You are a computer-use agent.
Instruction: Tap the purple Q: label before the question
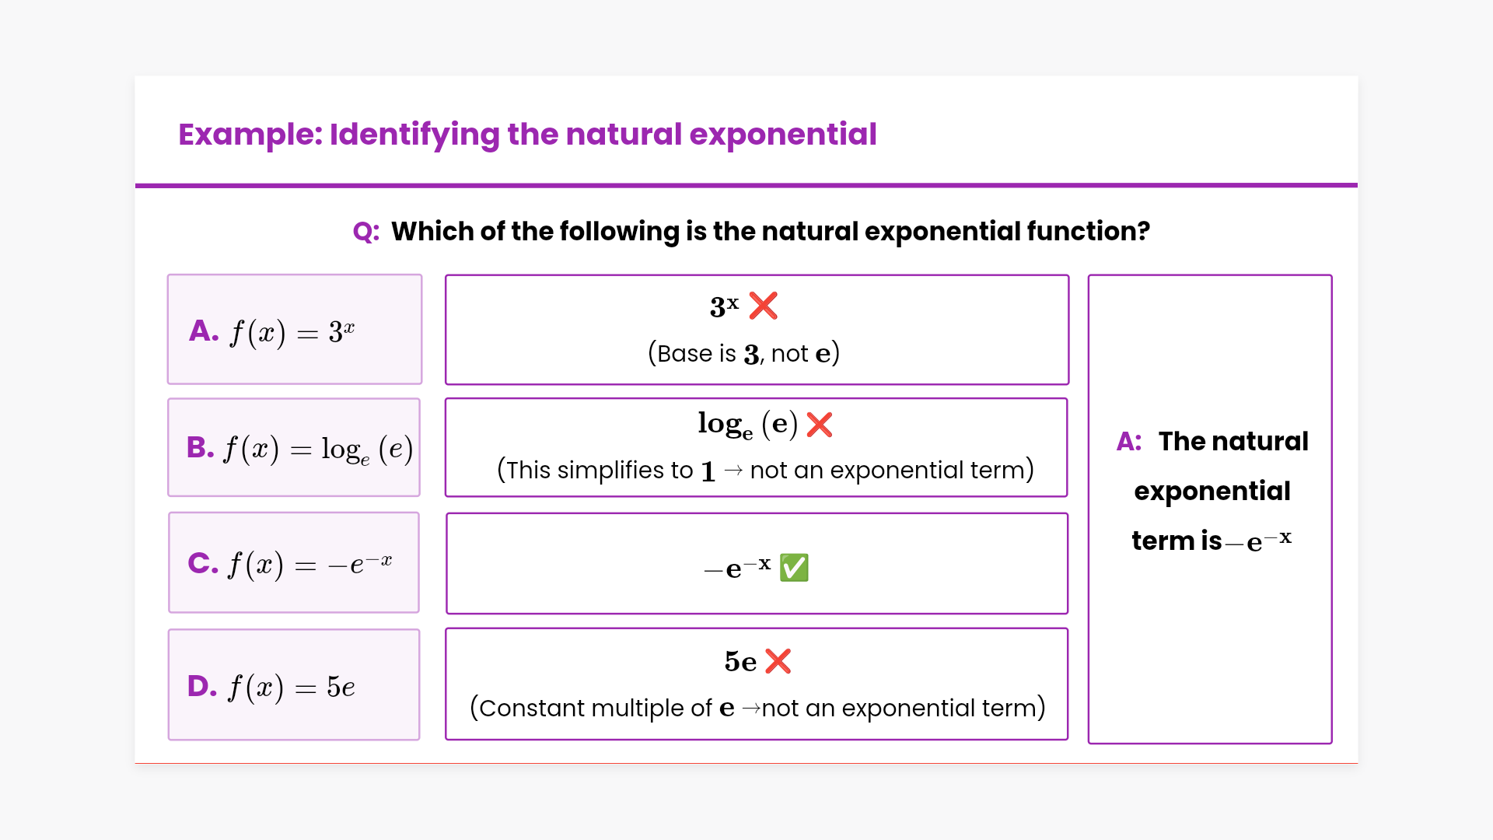tap(366, 232)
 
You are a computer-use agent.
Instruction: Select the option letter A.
tap(204, 331)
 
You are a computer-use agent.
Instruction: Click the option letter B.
tap(201, 447)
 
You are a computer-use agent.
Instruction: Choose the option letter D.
tap(202, 686)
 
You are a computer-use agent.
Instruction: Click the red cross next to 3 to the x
tap(764, 306)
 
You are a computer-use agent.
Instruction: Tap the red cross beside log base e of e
tap(820, 425)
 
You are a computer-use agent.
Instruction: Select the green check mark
tap(794, 568)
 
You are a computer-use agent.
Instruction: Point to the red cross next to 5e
tap(778, 661)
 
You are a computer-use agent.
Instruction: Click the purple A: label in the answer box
tap(1129, 442)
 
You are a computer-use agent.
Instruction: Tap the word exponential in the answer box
tap(1212, 492)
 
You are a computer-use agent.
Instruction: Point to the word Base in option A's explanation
tap(685, 354)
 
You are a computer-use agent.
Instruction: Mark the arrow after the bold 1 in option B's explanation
tap(733, 471)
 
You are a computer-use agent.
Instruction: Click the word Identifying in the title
tap(414, 135)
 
